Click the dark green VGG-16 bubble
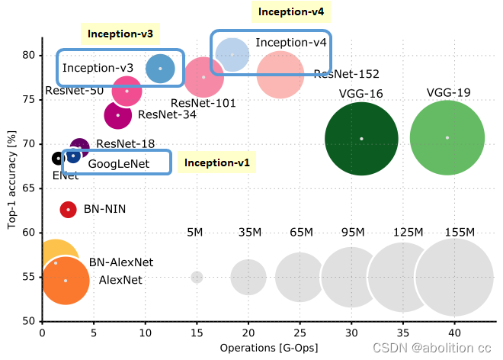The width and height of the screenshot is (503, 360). (361, 139)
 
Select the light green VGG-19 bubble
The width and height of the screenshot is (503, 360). (447, 138)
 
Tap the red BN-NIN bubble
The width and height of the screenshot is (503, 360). (68, 209)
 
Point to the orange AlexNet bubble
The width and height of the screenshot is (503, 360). (66, 281)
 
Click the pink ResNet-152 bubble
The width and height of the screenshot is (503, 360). (281, 75)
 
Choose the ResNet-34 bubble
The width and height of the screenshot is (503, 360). (118, 115)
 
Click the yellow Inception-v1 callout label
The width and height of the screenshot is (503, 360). (217, 162)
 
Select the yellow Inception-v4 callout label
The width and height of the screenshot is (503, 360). (290, 11)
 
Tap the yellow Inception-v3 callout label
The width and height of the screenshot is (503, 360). (120, 34)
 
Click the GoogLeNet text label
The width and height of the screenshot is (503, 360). (118, 164)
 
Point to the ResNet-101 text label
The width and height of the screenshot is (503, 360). (203, 103)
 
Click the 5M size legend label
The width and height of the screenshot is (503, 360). (196, 232)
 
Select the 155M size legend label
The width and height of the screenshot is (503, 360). (459, 232)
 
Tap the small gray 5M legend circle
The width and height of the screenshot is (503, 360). (197, 278)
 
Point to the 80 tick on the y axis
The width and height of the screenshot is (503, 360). (27, 55)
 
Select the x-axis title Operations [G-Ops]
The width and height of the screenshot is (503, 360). (268, 348)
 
